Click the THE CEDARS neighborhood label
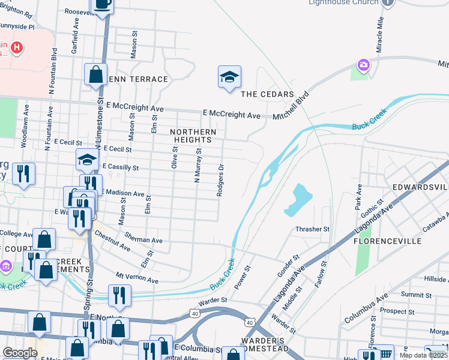coord(267,95)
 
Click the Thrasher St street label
coord(312,229)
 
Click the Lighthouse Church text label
coord(343,2)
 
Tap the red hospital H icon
coord(17,47)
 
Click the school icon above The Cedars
coord(229,77)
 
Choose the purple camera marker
coord(363,64)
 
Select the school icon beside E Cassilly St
coord(87,160)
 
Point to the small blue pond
coord(298,200)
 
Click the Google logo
coord(19,353)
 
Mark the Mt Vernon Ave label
coord(137,278)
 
